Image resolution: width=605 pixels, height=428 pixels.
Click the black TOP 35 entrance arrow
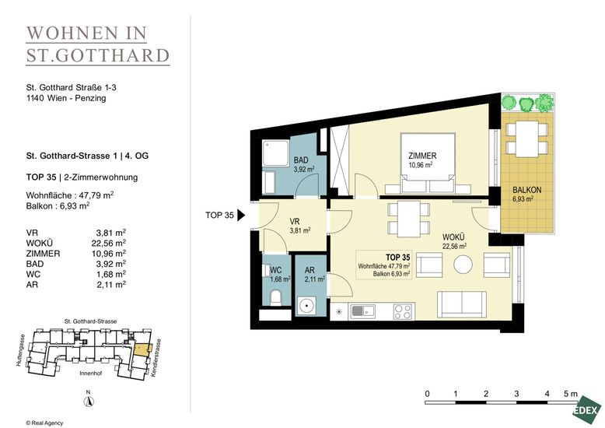pyautogui.click(x=241, y=215)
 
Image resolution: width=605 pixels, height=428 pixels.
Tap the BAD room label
pyautogui.click(x=301, y=160)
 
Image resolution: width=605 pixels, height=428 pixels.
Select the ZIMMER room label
pyautogui.click(x=422, y=156)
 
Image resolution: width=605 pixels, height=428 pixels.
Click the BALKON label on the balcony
pyautogui.click(x=526, y=190)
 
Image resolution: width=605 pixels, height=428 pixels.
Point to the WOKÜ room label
pyautogui.click(x=453, y=237)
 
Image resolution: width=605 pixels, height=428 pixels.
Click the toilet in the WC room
pyautogui.click(x=275, y=298)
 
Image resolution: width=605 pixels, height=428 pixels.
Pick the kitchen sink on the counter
pyautogui.click(x=362, y=311)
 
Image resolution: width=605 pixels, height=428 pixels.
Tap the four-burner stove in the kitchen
pyautogui.click(x=403, y=311)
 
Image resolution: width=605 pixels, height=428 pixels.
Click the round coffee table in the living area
pyautogui.click(x=463, y=265)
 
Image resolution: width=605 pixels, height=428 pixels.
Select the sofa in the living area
pyautogui.click(x=461, y=303)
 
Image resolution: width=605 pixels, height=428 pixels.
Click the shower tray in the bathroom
pyautogui.click(x=275, y=154)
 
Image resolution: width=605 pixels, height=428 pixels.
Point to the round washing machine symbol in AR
pyautogui.click(x=306, y=306)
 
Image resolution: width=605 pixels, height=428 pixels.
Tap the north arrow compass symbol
pyautogui.click(x=89, y=401)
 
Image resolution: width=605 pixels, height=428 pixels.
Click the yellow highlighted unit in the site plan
pyautogui.click(x=142, y=349)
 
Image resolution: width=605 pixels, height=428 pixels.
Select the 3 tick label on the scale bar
pyautogui.click(x=516, y=394)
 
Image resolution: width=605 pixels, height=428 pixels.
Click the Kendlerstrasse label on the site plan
pyautogui.click(x=156, y=358)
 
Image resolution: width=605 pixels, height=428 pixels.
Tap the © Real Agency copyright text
pyautogui.click(x=44, y=423)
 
